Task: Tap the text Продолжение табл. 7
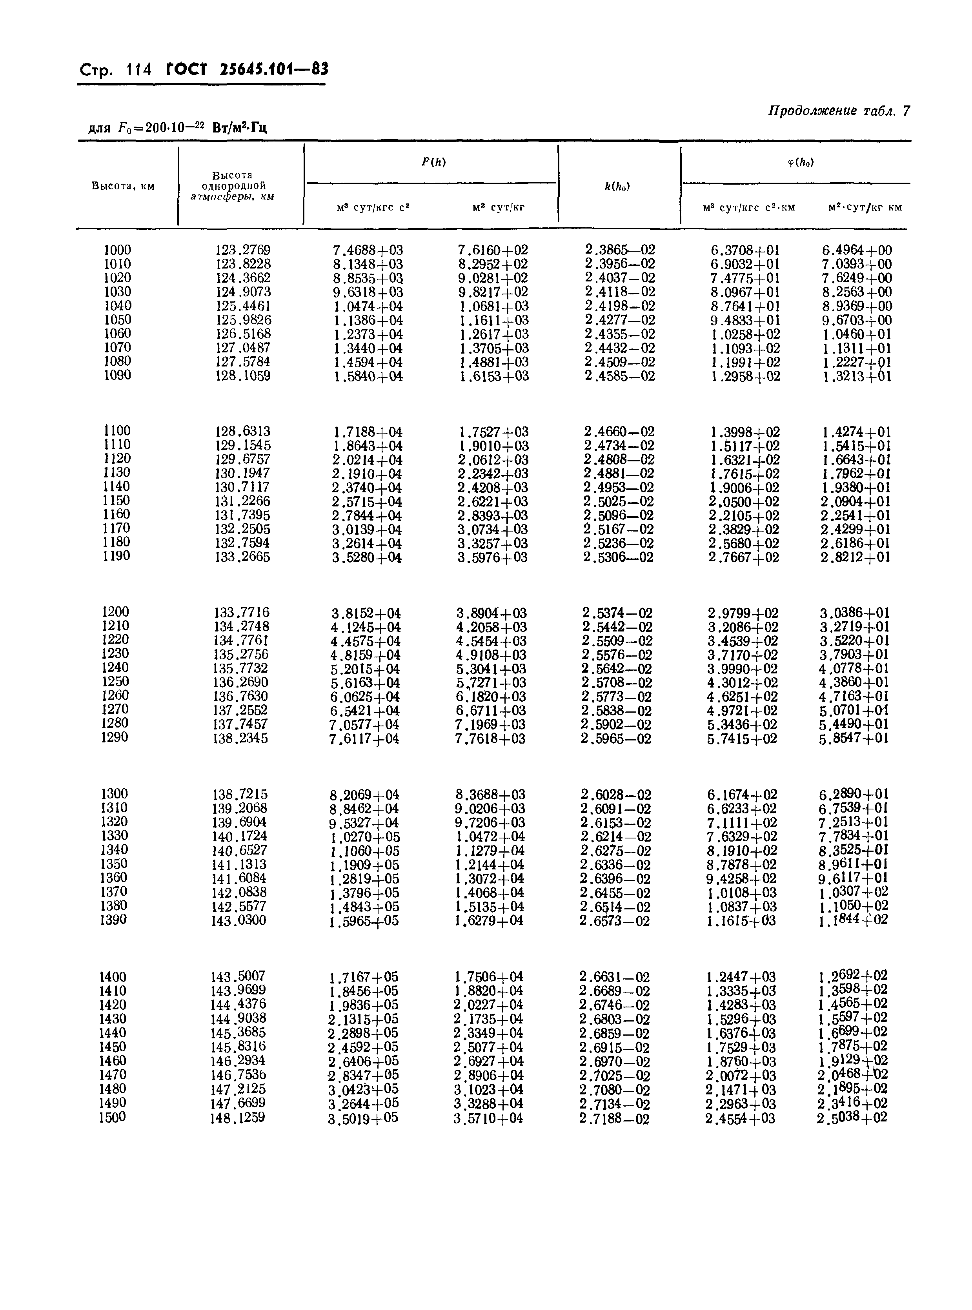[839, 111]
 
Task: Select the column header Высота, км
[123, 187]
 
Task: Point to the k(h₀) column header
[617, 187]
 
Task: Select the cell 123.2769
[243, 250]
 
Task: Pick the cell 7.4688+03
[368, 250]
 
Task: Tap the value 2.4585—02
[620, 376]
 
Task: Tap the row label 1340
[114, 850]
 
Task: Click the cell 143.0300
[238, 920]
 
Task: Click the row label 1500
[112, 1117]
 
